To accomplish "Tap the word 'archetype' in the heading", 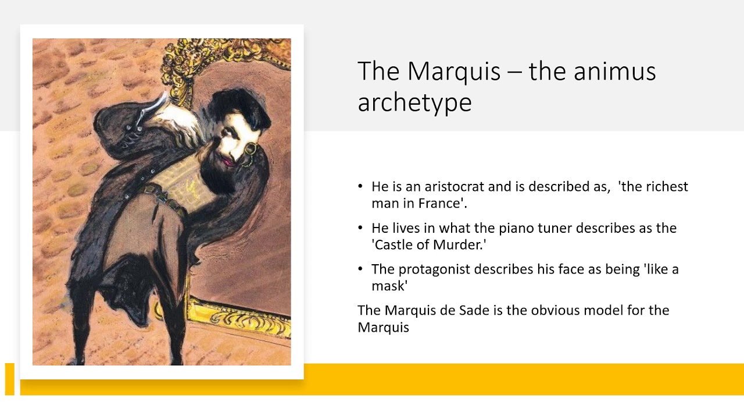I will [414, 102].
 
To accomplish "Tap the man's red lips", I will [228, 162].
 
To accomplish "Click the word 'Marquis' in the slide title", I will [454, 71].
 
